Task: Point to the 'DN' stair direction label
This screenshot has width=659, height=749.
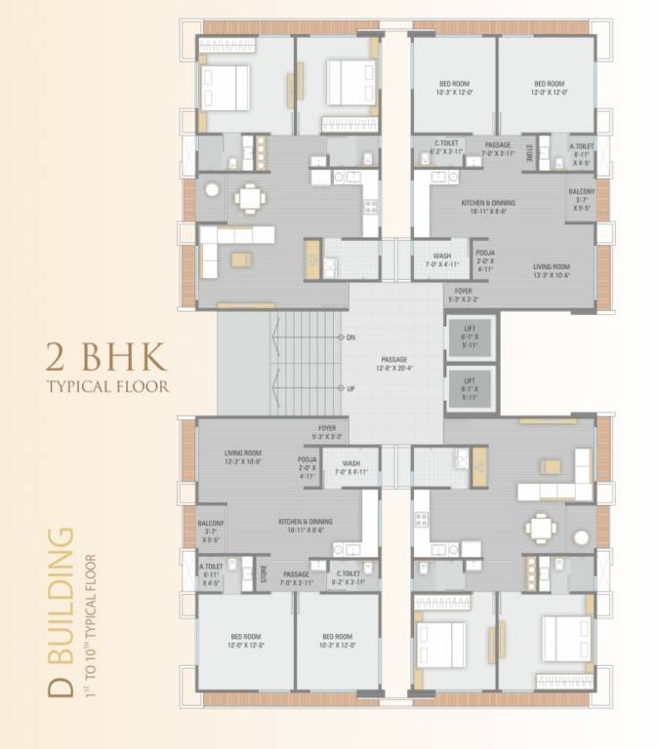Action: click(x=349, y=337)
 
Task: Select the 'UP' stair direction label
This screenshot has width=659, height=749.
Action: click(x=349, y=388)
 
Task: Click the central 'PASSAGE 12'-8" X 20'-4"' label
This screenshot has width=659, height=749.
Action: click(x=395, y=364)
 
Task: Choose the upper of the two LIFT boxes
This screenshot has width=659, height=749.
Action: click(x=470, y=338)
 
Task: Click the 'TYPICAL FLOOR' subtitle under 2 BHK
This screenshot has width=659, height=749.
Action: click(x=107, y=385)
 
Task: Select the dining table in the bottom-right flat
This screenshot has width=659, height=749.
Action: click(x=539, y=527)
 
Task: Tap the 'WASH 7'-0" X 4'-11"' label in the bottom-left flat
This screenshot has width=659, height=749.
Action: click(x=350, y=467)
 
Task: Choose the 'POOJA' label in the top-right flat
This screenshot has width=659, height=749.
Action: click(x=485, y=258)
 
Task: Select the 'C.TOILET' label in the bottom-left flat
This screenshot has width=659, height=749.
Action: click(x=350, y=577)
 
